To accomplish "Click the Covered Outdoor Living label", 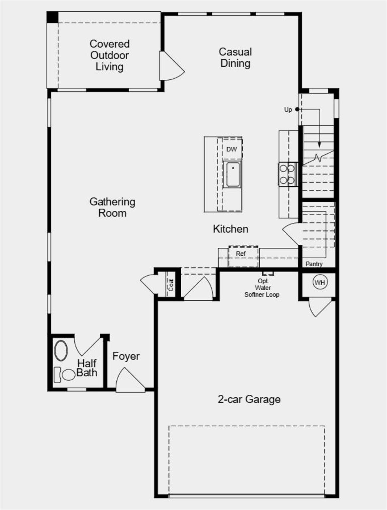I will pyautogui.click(x=109, y=55).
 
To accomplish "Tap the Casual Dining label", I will pyautogui.click(x=235, y=57).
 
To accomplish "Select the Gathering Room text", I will pyautogui.click(x=112, y=207).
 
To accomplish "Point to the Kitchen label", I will pyautogui.click(x=231, y=229).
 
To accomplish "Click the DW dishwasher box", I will pyautogui.click(x=232, y=149).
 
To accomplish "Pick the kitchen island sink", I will pyautogui.click(x=233, y=174).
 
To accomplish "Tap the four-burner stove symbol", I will pyautogui.click(x=287, y=174).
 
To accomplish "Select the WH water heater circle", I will pyautogui.click(x=320, y=283).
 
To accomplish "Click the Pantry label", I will pyautogui.click(x=314, y=264).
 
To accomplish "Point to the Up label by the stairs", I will pyautogui.click(x=288, y=110).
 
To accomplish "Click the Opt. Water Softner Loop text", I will pyautogui.click(x=262, y=288).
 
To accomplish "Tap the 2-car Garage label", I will pyautogui.click(x=249, y=399).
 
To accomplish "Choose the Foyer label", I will pyautogui.click(x=126, y=356).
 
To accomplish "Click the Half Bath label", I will pyautogui.click(x=87, y=368).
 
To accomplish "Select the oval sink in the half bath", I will pyautogui.click(x=61, y=350).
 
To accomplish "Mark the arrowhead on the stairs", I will pyautogui.click(x=319, y=145).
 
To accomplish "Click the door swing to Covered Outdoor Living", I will pyautogui.click(x=171, y=67).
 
